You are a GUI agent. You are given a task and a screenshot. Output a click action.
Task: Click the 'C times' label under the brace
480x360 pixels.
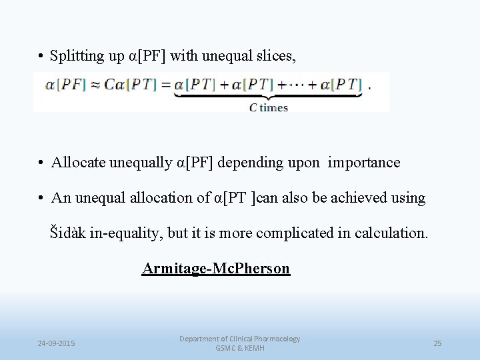[269, 107]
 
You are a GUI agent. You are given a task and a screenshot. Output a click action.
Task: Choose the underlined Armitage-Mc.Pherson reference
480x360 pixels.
[216, 269]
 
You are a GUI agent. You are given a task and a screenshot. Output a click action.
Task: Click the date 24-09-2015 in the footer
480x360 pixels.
[56, 343]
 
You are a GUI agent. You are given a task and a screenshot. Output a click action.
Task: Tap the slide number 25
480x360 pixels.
[437, 343]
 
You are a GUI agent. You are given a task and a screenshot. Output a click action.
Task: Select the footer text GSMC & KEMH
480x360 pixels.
[240, 348]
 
